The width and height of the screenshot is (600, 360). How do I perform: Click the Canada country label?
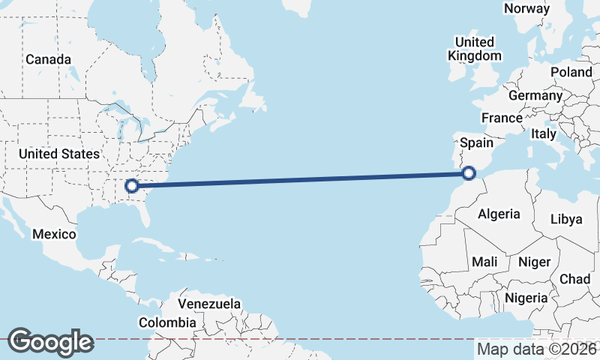tap(48, 59)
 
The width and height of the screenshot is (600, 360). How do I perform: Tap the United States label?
tap(58, 154)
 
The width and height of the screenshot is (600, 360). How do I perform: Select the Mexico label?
tap(54, 235)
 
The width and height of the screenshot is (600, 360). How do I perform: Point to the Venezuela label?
tap(209, 304)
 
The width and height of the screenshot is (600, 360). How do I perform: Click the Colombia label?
tap(167, 322)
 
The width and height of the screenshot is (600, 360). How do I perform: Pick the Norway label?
tap(526, 8)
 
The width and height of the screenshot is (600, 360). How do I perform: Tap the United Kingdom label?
tap(474, 49)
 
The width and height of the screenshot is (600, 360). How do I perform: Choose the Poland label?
tap(571, 72)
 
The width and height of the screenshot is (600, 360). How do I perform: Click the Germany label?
tap(535, 96)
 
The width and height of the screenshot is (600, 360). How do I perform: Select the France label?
tap(502, 118)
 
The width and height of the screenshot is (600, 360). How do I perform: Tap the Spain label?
tap(476, 142)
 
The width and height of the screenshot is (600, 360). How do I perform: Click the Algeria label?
tap(499, 214)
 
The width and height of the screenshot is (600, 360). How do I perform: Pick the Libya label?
tap(565, 219)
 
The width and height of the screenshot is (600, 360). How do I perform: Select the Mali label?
tap(484, 262)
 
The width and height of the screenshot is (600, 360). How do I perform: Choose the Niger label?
tap(535, 262)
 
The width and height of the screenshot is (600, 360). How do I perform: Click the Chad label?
tap(574, 278)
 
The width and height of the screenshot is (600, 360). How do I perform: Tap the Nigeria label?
tap(526, 298)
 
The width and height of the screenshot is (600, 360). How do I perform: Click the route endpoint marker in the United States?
tap(132, 185)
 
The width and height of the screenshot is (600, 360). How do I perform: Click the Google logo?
tap(50, 342)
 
